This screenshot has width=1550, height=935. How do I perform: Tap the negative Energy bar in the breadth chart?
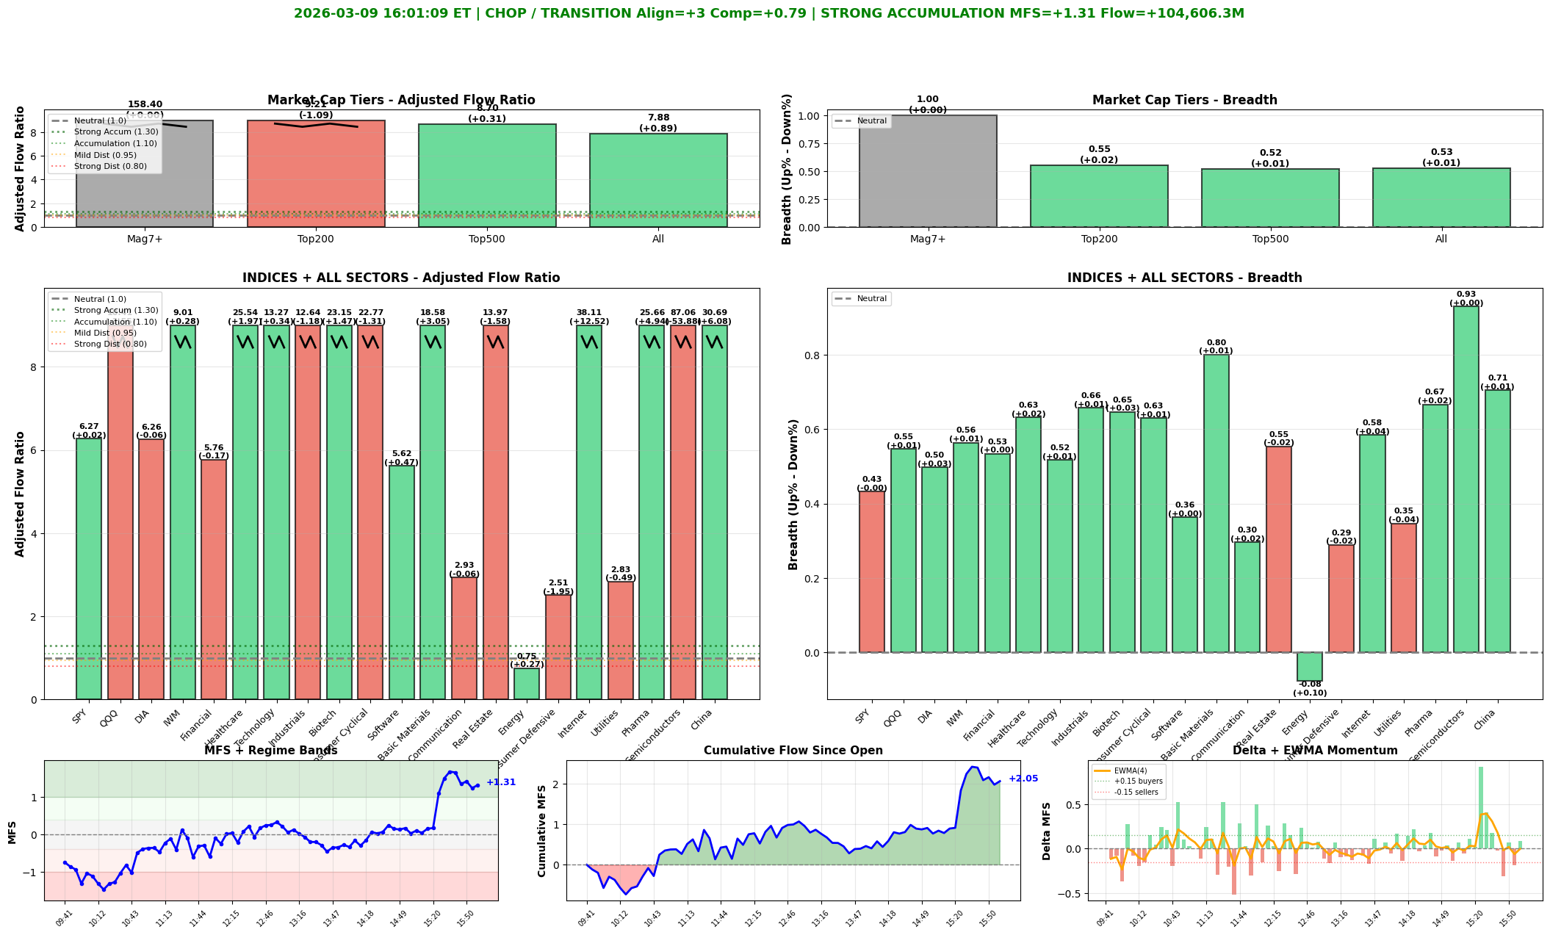1309,667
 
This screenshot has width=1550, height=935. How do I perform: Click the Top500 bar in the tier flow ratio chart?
487,176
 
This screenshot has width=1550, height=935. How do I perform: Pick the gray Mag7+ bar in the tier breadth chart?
928,171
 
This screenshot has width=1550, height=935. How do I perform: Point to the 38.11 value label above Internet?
589,312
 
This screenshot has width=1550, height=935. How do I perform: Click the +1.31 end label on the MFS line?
501,782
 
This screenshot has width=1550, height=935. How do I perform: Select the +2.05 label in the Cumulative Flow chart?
1023,779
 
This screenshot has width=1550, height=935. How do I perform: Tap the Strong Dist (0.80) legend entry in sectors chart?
110,344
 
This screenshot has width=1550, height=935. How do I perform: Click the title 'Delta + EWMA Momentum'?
1315,751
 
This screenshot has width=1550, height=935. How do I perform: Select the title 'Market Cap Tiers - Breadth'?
1184,101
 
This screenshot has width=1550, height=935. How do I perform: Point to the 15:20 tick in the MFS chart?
433,914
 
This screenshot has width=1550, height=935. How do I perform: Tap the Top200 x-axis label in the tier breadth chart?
1099,239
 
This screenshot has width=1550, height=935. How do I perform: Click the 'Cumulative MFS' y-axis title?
542,831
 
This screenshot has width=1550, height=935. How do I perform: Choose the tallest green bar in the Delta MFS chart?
1481,808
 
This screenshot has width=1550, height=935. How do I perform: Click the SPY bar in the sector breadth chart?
872,572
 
